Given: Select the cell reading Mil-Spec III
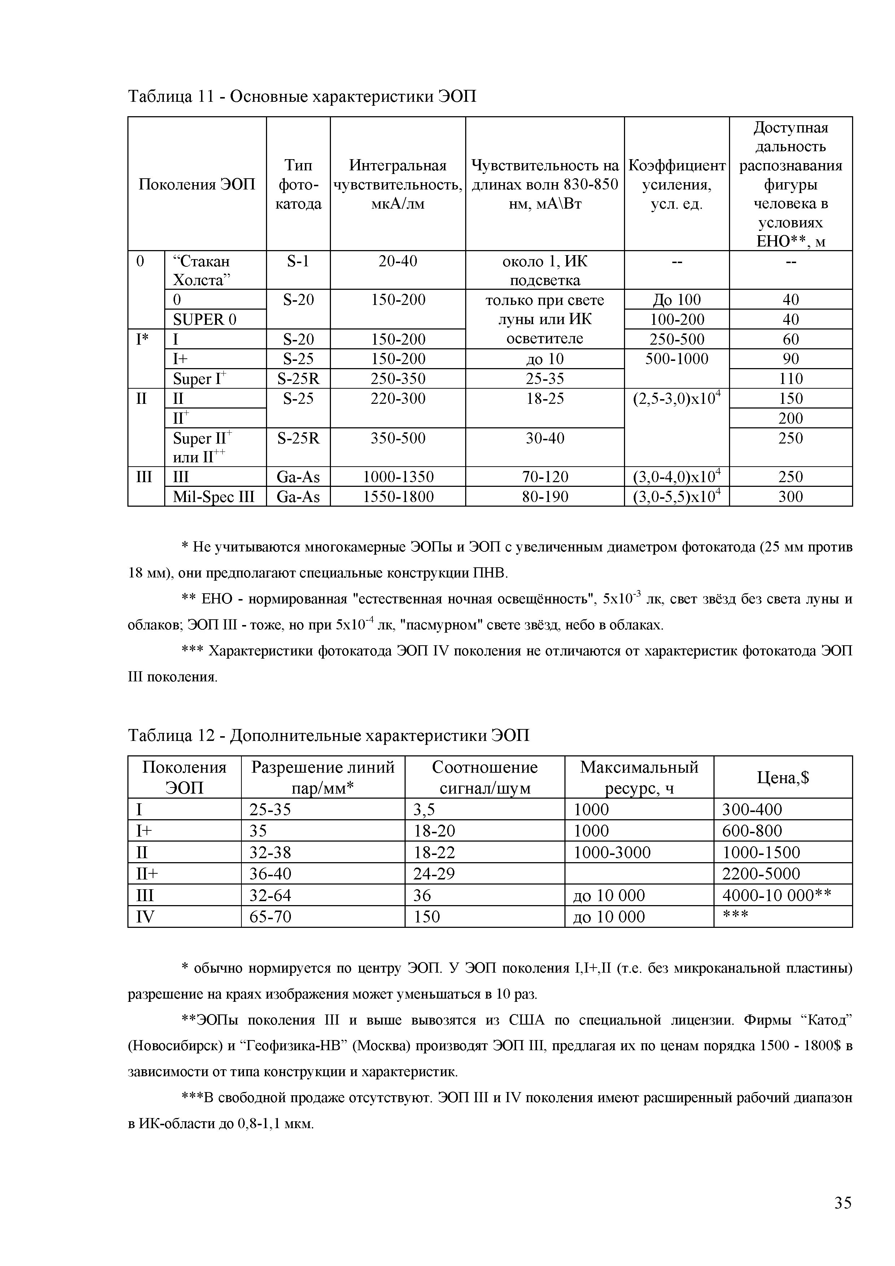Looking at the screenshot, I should point(214,497).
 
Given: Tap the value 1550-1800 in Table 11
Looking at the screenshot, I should point(398,497).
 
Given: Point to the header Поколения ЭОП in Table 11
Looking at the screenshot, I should point(197,184).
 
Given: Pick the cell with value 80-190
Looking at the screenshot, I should point(545,497).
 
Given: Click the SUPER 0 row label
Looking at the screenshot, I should point(205,319).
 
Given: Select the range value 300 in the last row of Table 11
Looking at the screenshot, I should point(790,497).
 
